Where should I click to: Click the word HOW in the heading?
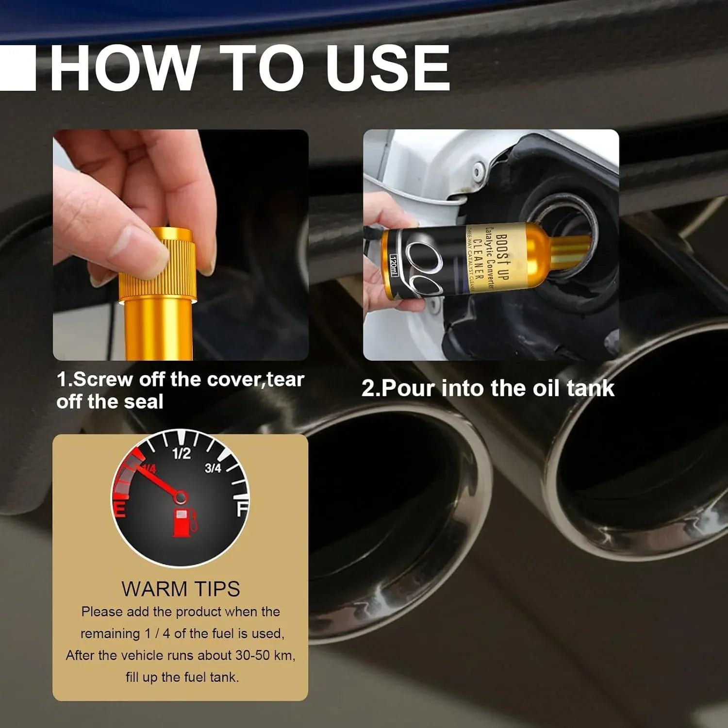(x=124, y=68)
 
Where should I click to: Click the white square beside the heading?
(x=18, y=68)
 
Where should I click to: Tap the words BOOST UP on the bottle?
(x=503, y=257)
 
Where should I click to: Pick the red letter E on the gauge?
(x=119, y=510)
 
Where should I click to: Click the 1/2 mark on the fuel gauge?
(x=182, y=454)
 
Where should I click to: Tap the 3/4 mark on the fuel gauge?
(x=213, y=468)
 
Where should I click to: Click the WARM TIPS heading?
(x=181, y=589)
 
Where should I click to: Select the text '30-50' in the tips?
(x=252, y=655)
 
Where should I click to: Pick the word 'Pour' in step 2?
(x=408, y=388)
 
